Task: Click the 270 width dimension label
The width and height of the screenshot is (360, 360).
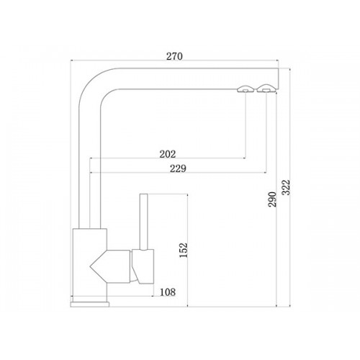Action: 174,56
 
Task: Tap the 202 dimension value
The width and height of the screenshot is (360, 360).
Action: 168,154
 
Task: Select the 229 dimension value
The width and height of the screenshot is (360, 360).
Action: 178,168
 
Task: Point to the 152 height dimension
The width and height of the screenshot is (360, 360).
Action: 184,251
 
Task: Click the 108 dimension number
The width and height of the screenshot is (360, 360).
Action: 168,292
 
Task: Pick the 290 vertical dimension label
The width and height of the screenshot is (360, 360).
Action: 273,199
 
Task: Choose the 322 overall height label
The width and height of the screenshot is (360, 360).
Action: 286,187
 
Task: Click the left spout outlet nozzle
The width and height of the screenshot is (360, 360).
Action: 245,89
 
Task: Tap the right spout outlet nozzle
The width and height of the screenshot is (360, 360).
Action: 266,89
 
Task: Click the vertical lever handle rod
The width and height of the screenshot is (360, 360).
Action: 143,222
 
